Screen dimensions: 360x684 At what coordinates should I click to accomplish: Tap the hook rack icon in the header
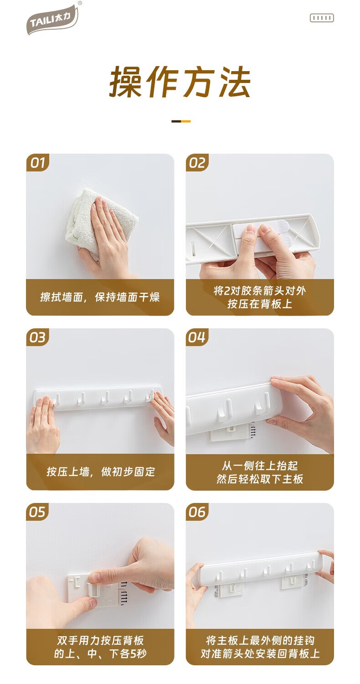coord(322,18)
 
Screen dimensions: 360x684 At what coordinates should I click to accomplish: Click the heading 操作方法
coord(180,82)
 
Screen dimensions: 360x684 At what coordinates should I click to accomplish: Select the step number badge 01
coord(37,162)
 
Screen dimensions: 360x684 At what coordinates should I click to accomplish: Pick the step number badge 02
coord(197,162)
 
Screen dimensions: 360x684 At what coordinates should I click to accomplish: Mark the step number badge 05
coord(37,512)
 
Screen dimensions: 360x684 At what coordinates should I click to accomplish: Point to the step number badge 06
coord(197,512)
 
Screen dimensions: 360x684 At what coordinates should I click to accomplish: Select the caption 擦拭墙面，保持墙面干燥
coord(100,297)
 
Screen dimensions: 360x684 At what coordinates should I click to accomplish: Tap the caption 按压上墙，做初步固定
coord(101,472)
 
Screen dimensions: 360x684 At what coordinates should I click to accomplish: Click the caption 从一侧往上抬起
coord(260,466)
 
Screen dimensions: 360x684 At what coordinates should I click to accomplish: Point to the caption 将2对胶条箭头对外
coord(260,291)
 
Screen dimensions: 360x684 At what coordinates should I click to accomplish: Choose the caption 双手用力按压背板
coord(100,640)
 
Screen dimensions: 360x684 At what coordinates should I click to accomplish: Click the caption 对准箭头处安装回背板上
coord(260,653)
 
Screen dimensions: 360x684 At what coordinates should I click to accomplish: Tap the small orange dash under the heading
coord(186,121)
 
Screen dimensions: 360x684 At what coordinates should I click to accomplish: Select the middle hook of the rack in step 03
coord(105,399)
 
